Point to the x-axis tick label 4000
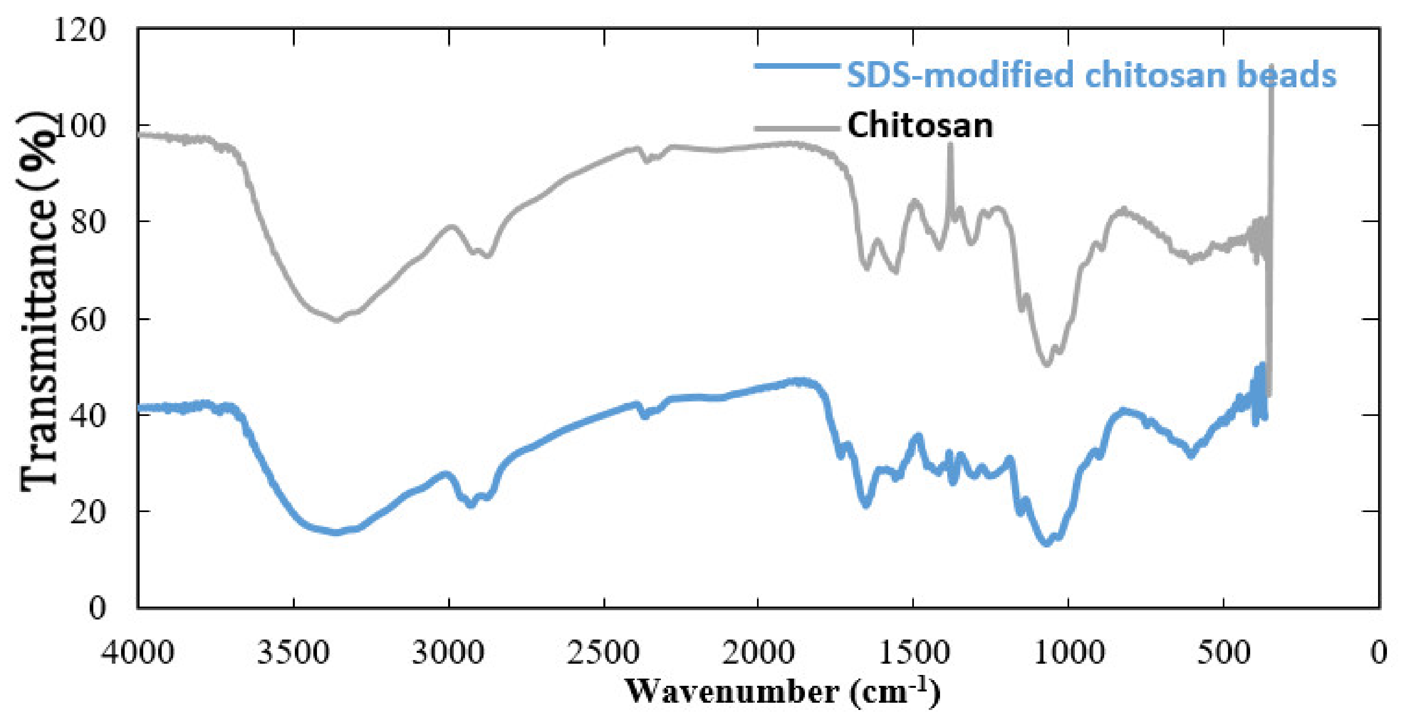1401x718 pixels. [x=138, y=652]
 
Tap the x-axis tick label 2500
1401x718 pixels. [x=603, y=652]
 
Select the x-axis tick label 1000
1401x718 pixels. [x=1069, y=652]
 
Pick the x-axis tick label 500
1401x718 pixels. [x=1224, y=652]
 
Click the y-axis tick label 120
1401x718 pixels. [x=79, y=29]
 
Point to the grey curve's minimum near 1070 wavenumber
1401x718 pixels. [x=1046, y=364]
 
